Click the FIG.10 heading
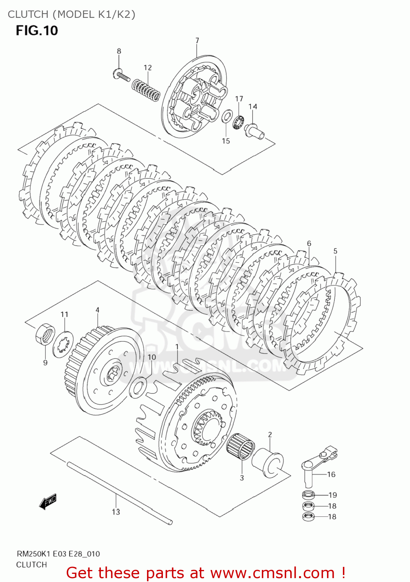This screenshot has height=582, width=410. (37, 30)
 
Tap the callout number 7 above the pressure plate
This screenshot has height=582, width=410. (197, 40)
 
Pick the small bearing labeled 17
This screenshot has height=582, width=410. (238, 122)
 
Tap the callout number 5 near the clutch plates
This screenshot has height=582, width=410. (336, 251)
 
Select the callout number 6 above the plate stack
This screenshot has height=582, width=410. (309, 243)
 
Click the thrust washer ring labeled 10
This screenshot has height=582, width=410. (137, 389)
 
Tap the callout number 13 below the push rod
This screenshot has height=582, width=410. (116, 512)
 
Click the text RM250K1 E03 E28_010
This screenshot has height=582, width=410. (58, 554)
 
